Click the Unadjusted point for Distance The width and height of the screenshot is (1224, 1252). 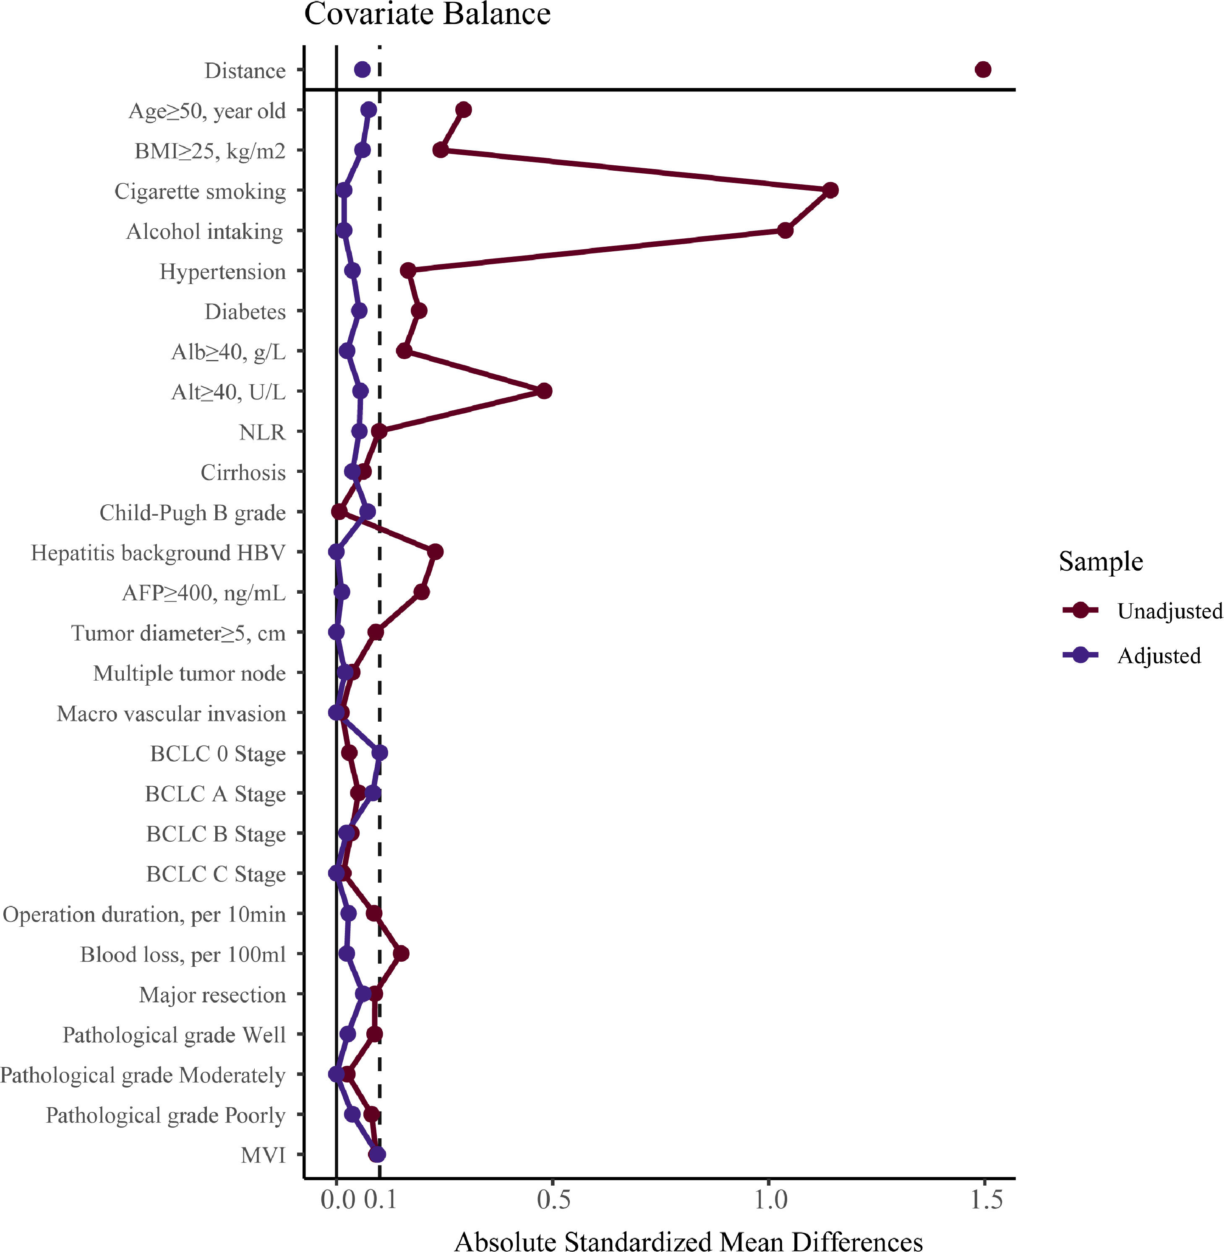(983, 69)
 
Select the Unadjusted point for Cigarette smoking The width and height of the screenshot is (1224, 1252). (830, 190)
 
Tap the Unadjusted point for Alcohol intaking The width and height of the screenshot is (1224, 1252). (785, 230)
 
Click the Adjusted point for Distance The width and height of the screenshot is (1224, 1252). (363, 69)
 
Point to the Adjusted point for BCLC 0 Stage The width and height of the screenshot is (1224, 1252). (380, 753)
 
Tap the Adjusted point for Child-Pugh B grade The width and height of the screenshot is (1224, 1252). (368, 511)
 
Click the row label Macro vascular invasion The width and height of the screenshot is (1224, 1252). (171, 713)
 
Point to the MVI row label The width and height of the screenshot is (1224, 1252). (263, 1155)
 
